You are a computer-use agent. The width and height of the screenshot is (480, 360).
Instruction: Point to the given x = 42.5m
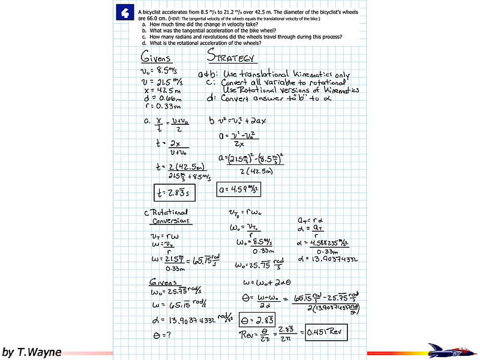click(158, 89)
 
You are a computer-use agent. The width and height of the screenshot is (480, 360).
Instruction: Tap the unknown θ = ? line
click(158, 334)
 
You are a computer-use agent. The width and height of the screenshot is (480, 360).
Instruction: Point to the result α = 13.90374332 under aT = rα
click(326, 259)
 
